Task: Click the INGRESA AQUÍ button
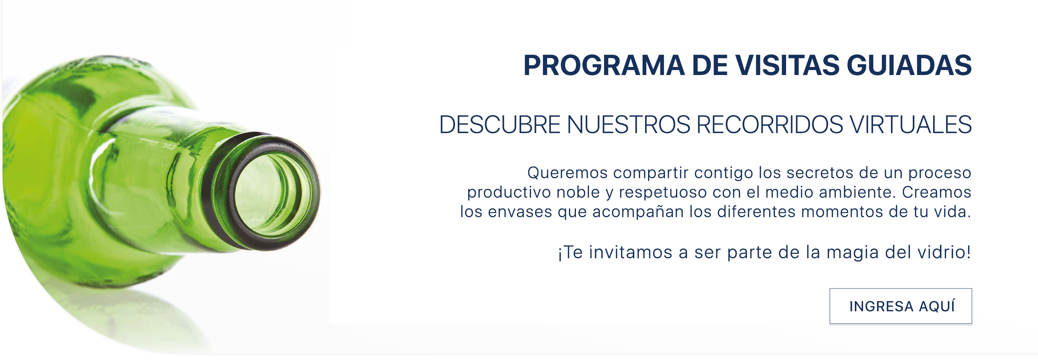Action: point(900,306)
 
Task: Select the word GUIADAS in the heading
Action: point(909,65)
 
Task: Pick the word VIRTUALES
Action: point(911,124)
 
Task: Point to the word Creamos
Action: point(936,192)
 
